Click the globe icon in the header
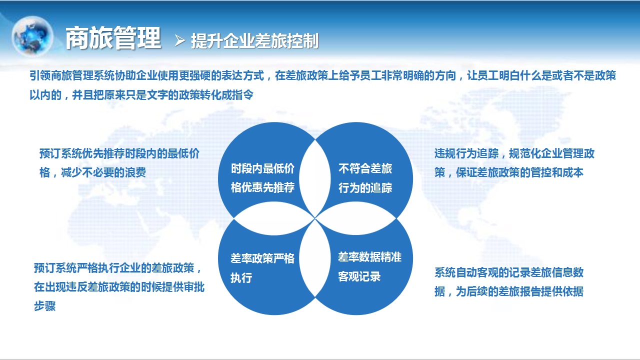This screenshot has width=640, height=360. tap(32, 36)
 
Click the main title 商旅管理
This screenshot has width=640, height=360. tap(113, 38)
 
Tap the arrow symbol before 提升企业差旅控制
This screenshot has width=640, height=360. tap(180, 40)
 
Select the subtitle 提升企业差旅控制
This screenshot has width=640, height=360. tap(255, 41)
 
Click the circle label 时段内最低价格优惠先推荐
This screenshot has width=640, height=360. tap(262, 178)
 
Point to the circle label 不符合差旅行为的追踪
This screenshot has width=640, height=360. tap(365, 178)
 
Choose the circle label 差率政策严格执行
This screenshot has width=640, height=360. tap(262, 268)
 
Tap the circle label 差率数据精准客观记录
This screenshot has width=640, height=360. tap(369, 266)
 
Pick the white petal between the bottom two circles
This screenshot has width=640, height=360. tap(315, 258)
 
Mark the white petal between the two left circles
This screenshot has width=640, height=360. tap(274, 218)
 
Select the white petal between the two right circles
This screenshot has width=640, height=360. tap(356, 218)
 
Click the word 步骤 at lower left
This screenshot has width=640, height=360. tap(44, 306)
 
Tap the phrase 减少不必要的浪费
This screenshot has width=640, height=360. tap(103, 172)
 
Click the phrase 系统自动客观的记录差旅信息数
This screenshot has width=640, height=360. tap(509, 272)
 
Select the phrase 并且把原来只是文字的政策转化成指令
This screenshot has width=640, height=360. tap(162, 95)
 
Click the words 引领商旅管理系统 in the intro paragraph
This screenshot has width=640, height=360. tap(72, 75)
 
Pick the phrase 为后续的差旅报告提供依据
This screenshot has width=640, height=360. tap(519, 291)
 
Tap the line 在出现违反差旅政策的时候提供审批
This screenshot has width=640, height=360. tap(119, 287)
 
